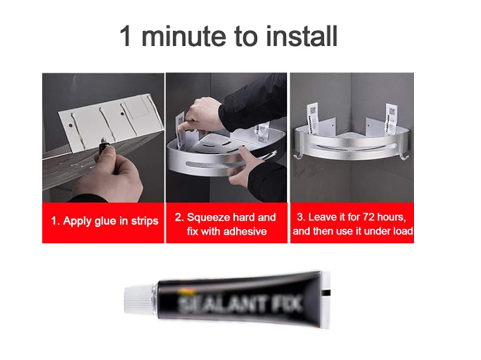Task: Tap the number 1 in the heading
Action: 126,37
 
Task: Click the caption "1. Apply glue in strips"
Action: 104,222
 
